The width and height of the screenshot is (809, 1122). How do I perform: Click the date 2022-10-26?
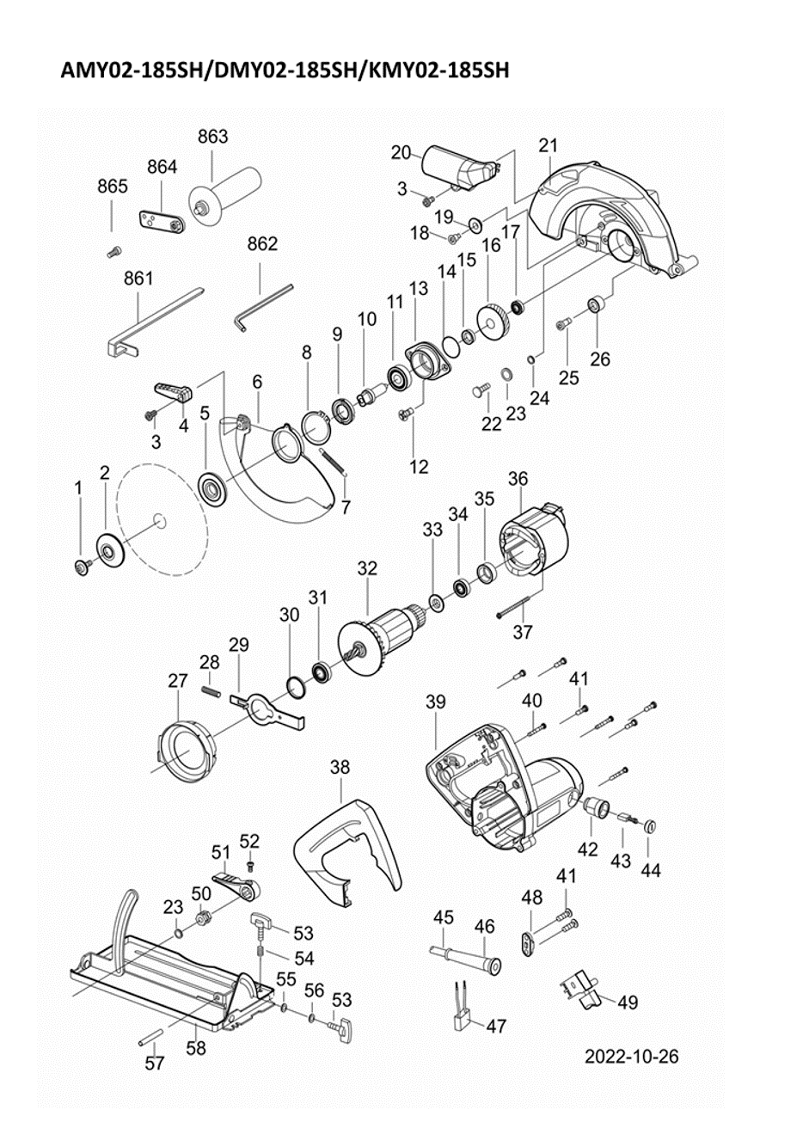tap(631, 1056)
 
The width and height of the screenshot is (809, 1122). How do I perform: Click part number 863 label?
tap(212, 137)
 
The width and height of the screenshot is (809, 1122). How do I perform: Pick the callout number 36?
tap(518, 478)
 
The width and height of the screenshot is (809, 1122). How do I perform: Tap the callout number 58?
tap(196, 1048)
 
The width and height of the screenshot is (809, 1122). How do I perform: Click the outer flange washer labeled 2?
tap(109, 549)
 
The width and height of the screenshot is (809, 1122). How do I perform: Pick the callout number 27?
tap(177, 680)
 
